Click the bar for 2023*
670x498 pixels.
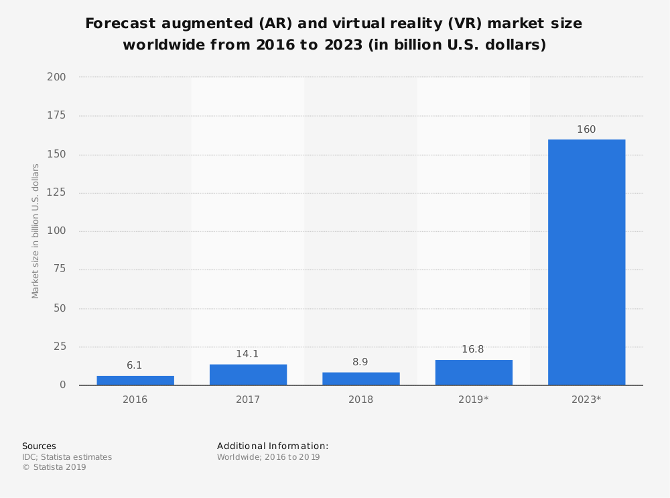(x=586, y=262)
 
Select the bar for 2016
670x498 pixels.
(x=135, y=381)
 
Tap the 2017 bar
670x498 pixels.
(x=248, y=375)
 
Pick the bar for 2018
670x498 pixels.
(x=360, y=379)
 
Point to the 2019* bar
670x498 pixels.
(x=474, y=373)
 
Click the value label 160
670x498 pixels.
(x=586, y=129)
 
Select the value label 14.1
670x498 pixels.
(x=248, y=354)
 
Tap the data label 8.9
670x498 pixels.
(x=360, y=362)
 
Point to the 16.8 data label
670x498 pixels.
(x=473, y=349)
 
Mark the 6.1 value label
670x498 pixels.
(x=135, y=365)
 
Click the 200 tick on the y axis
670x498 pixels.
(x=56, y=77)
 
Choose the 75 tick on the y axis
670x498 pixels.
(x=59, y=270)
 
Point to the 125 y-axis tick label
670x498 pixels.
(x=56, y=193)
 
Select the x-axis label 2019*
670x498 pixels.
(x=474, y=399)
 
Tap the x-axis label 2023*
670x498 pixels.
(x=586, y=399)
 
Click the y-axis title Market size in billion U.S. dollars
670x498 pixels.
(x=36, y=231)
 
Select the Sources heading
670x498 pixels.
(x=39, y=446)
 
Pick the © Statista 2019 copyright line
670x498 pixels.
(x=54, y=467)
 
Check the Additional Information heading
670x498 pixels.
(x=273, y=446)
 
